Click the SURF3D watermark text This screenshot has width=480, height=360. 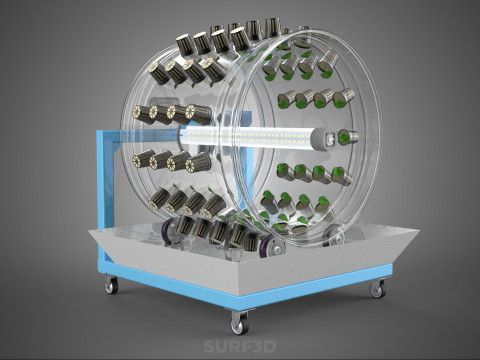click(240, 346)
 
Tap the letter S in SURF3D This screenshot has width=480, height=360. click(209, 346)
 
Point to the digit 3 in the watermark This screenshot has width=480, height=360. click(258, 346)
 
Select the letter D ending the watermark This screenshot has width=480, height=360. click(270, 346)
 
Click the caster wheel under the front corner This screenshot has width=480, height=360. click(240, 323)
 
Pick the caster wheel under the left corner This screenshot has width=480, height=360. click(111, 285)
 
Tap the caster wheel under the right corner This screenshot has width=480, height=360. click(378, 289)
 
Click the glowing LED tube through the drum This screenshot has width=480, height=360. click(248, 137)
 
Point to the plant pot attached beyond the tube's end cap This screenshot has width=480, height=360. click(348, 137)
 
